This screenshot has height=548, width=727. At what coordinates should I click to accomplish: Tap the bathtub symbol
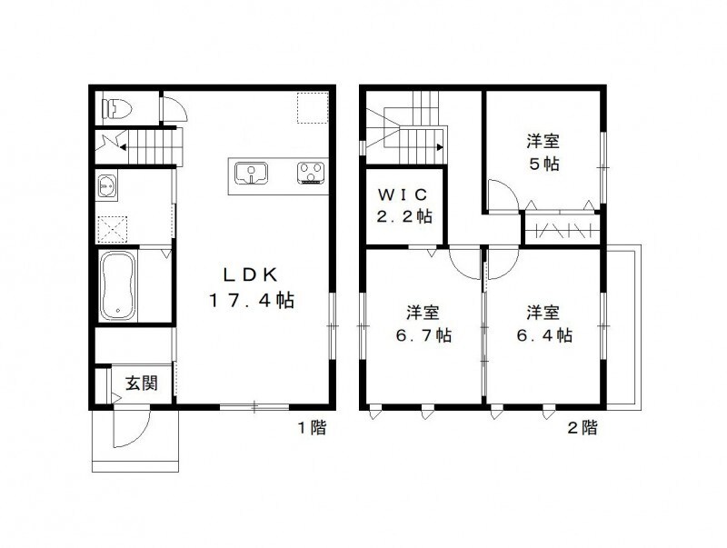121,285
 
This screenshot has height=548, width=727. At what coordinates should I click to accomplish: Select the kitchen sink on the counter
249,172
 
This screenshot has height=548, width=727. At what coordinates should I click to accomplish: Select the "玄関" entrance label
139,383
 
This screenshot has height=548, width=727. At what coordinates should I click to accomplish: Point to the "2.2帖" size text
404,217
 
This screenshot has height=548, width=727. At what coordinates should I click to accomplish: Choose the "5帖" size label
543,164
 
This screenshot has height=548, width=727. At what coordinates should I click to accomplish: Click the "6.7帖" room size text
423,335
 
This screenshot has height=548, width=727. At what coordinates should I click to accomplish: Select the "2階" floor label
583,427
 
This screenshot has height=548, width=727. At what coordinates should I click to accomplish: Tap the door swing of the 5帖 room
503,194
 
